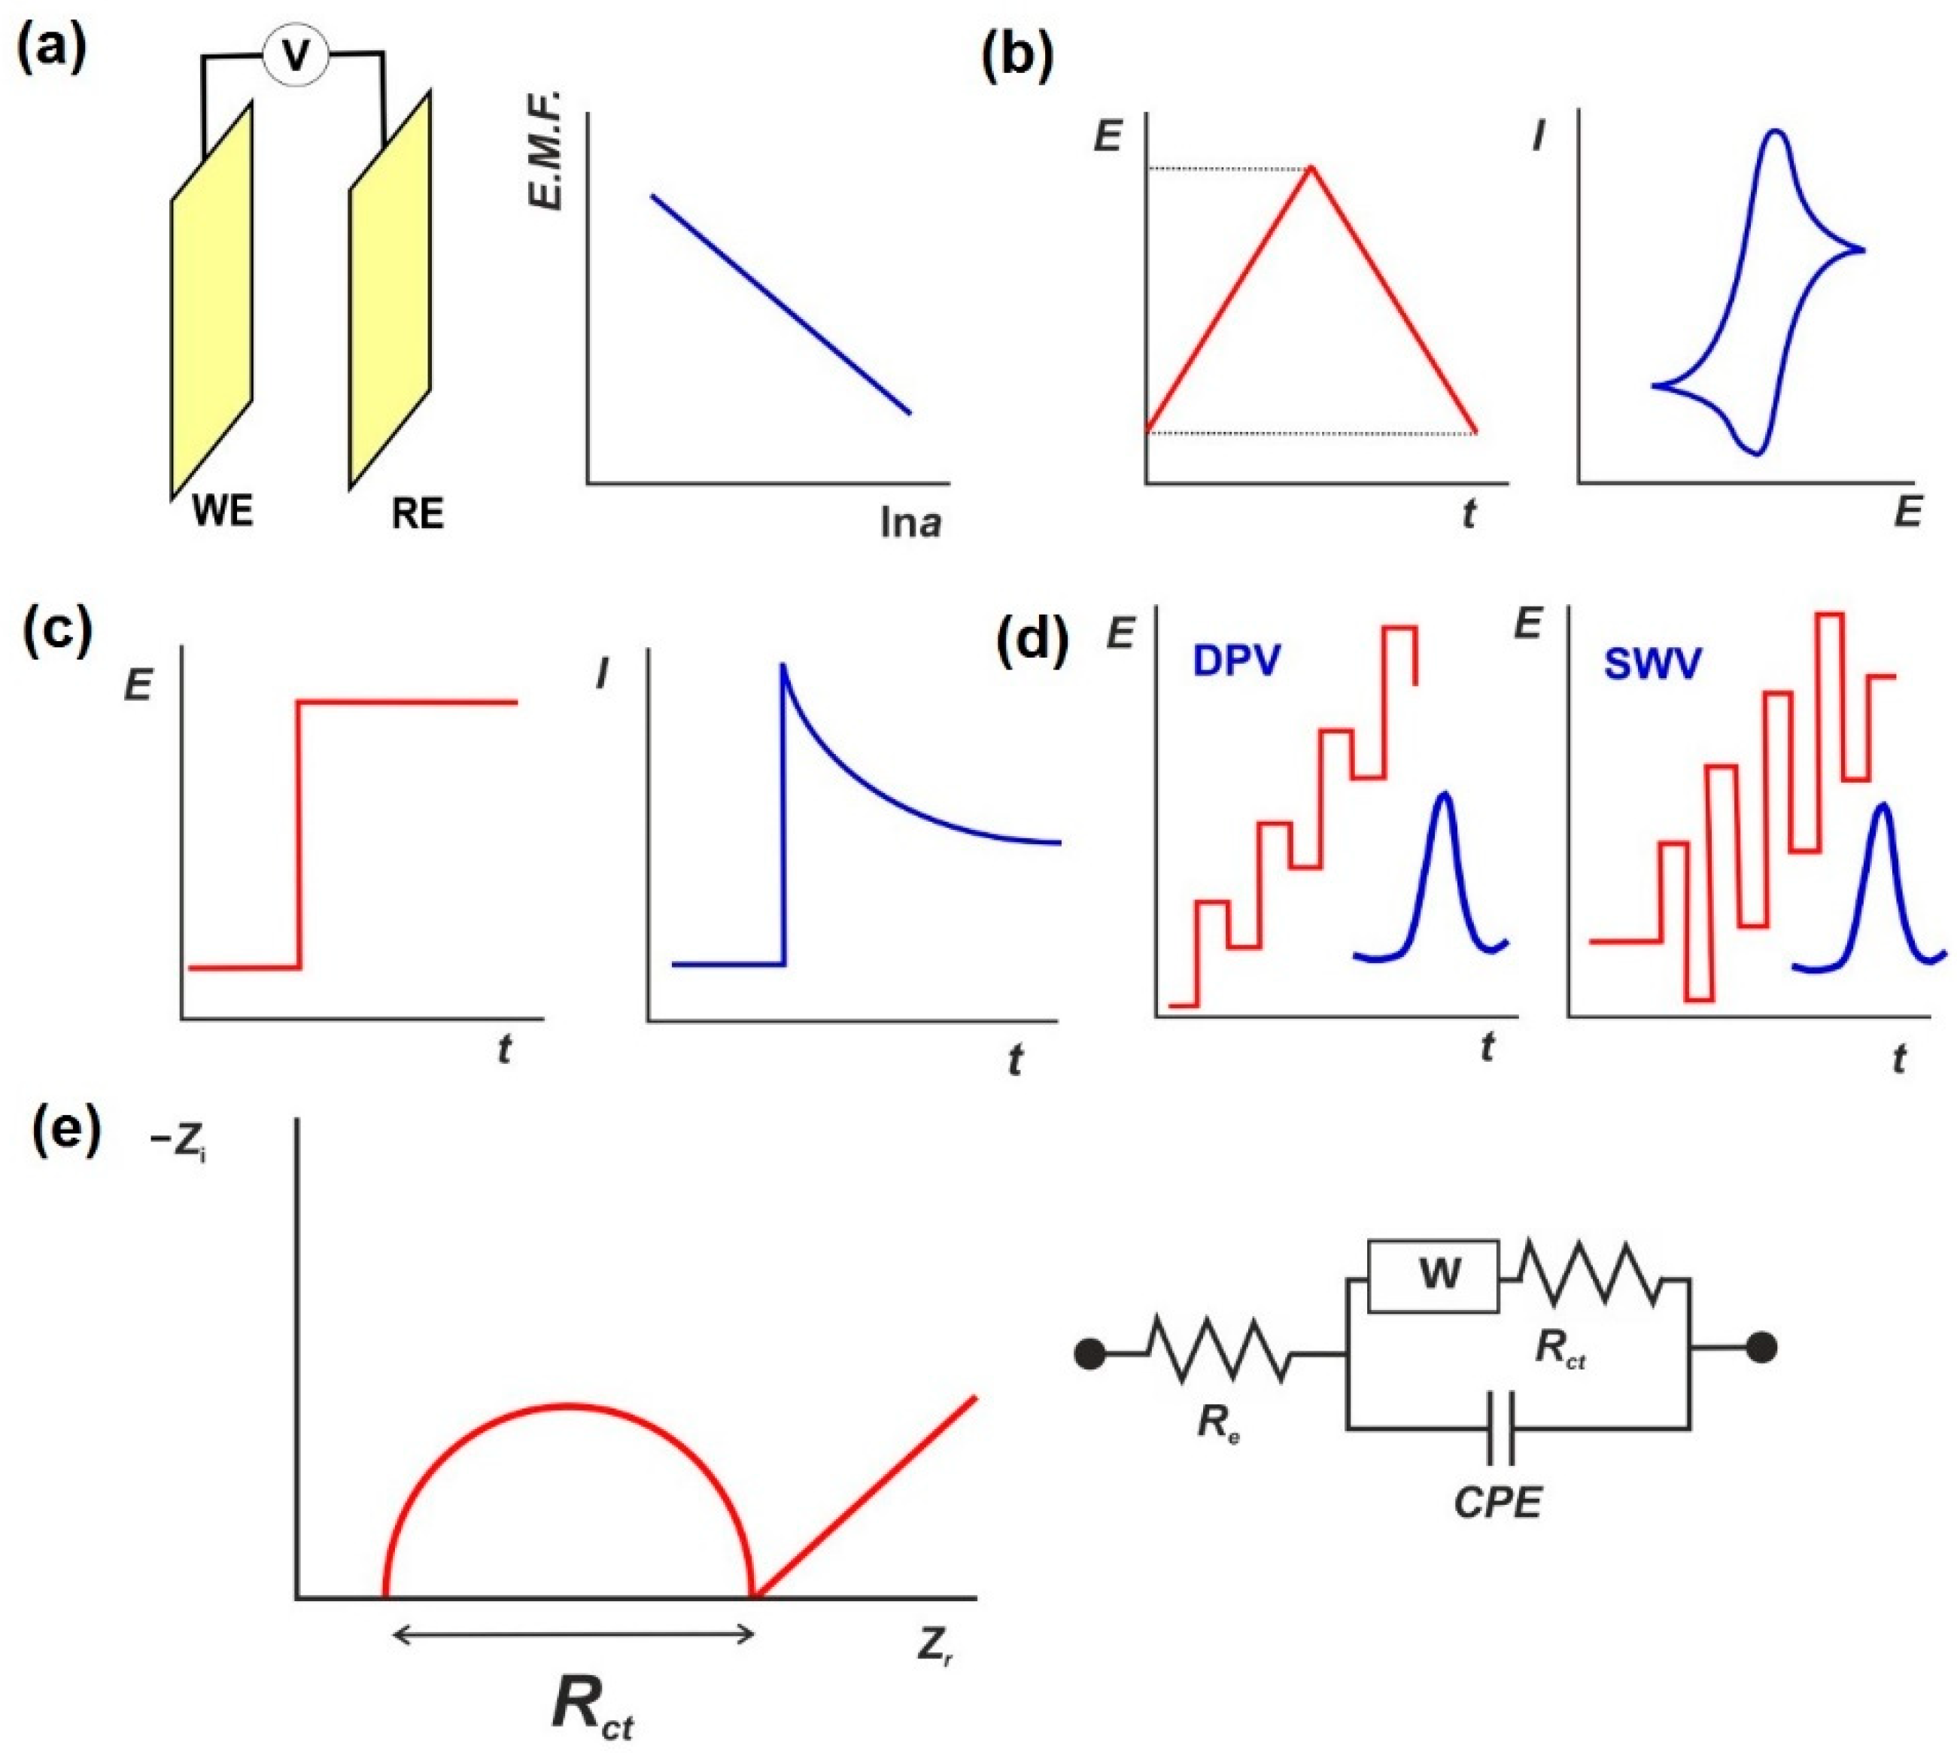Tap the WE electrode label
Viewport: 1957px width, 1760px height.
pos(223,511)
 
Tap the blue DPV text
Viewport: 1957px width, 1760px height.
pos(1237,661)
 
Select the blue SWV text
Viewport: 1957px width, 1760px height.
pos(1652,664)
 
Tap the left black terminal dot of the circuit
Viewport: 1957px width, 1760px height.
pos(1089,1354)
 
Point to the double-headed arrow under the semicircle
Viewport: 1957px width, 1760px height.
pos(573,1635)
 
